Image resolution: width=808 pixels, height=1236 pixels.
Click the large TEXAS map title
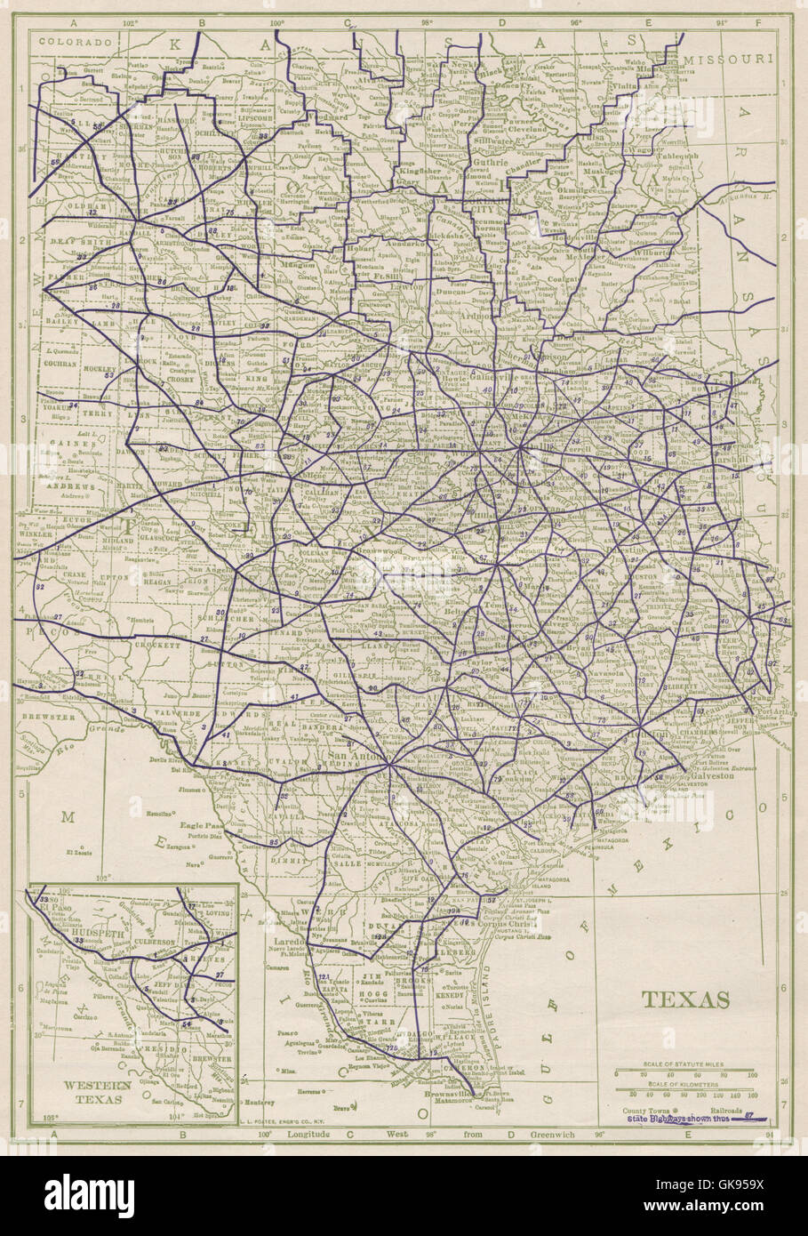pyautogui.click(x=685, y=999)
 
